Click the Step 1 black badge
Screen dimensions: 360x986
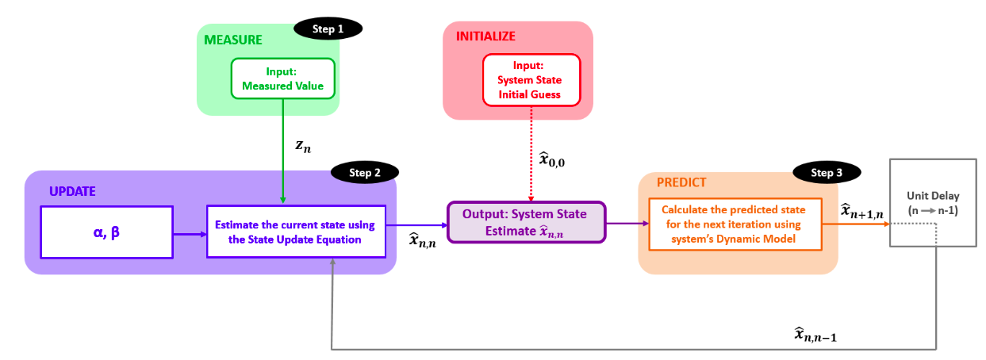point(328,29)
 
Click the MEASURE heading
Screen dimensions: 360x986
point(233,40)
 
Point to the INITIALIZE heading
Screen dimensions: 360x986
point(485,36)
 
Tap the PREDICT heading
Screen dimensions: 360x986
point(681,182)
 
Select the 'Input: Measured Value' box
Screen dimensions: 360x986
point(283,79)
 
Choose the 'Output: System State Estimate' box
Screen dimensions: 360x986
point(525,222)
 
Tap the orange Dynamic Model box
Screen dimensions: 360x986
point(736,224)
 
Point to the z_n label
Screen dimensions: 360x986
point(303,146)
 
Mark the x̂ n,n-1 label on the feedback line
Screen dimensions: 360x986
point(815,335)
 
